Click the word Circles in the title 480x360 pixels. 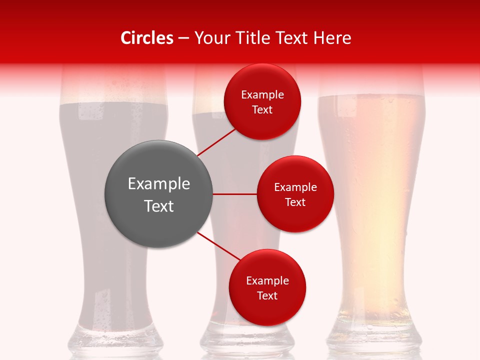tap(147, 38)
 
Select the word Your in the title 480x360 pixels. tap(210, 38)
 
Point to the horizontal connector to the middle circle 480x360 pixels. tap(235, 194)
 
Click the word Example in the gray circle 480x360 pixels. tap(159, 184)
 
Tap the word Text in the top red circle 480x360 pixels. tap(262, 110)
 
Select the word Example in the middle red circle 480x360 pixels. tap(295, 187)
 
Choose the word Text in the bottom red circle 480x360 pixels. tap(267, 296)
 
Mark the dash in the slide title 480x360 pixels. tap(183, 38)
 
